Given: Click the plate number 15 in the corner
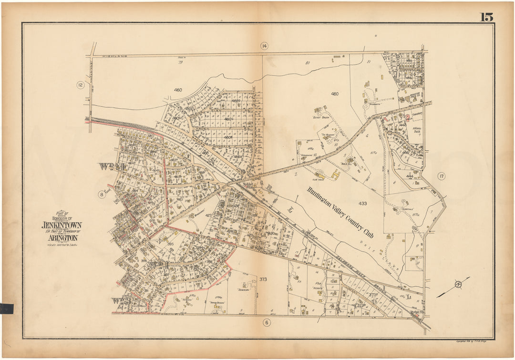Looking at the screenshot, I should point(486,17).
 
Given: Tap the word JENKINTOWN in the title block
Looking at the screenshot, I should point(62,225).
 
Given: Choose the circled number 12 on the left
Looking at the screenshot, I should point(80,85).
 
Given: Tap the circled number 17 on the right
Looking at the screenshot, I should point(442,177).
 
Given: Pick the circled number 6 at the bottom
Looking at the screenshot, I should point(265,323).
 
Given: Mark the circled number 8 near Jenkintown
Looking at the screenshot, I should point(101,194).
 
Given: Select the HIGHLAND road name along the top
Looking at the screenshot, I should point(119,56).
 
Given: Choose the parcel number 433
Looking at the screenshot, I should point(363,204).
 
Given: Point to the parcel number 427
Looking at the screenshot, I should point(208,216).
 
